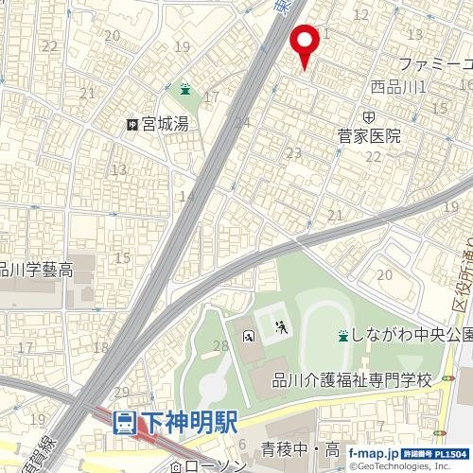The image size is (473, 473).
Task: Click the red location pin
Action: pos(304,43)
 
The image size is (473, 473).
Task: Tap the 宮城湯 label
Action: pos(166,124)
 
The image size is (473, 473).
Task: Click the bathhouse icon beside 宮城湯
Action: pos(133,124)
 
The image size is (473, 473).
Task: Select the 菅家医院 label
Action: pos(369,137)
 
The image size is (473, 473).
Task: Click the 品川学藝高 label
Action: pos(36,271)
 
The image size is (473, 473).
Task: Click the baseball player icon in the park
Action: pos(280,329)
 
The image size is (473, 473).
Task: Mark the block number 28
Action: pos(221,347)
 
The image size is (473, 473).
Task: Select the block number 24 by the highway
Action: pos(243,122)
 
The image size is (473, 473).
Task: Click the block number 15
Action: pos(122,257)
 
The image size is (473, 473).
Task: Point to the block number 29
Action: pos(121,392)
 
